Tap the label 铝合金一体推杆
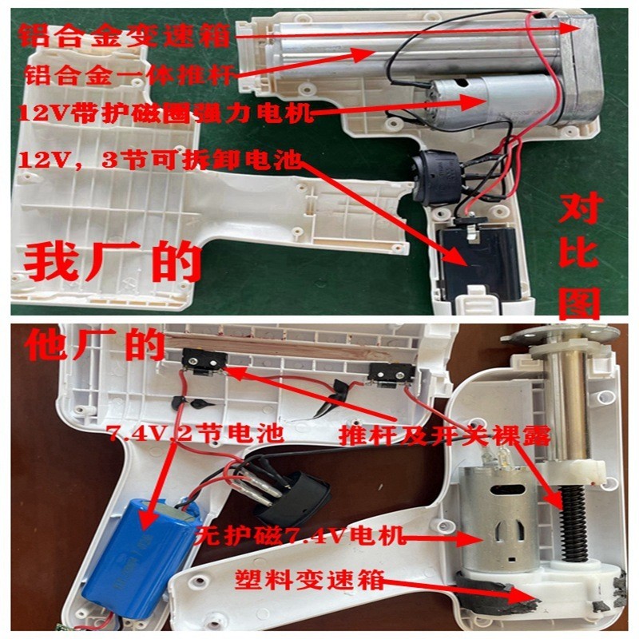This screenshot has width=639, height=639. click(x=128, y=77)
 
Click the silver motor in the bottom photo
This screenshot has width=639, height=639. click(x=499, y=527)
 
